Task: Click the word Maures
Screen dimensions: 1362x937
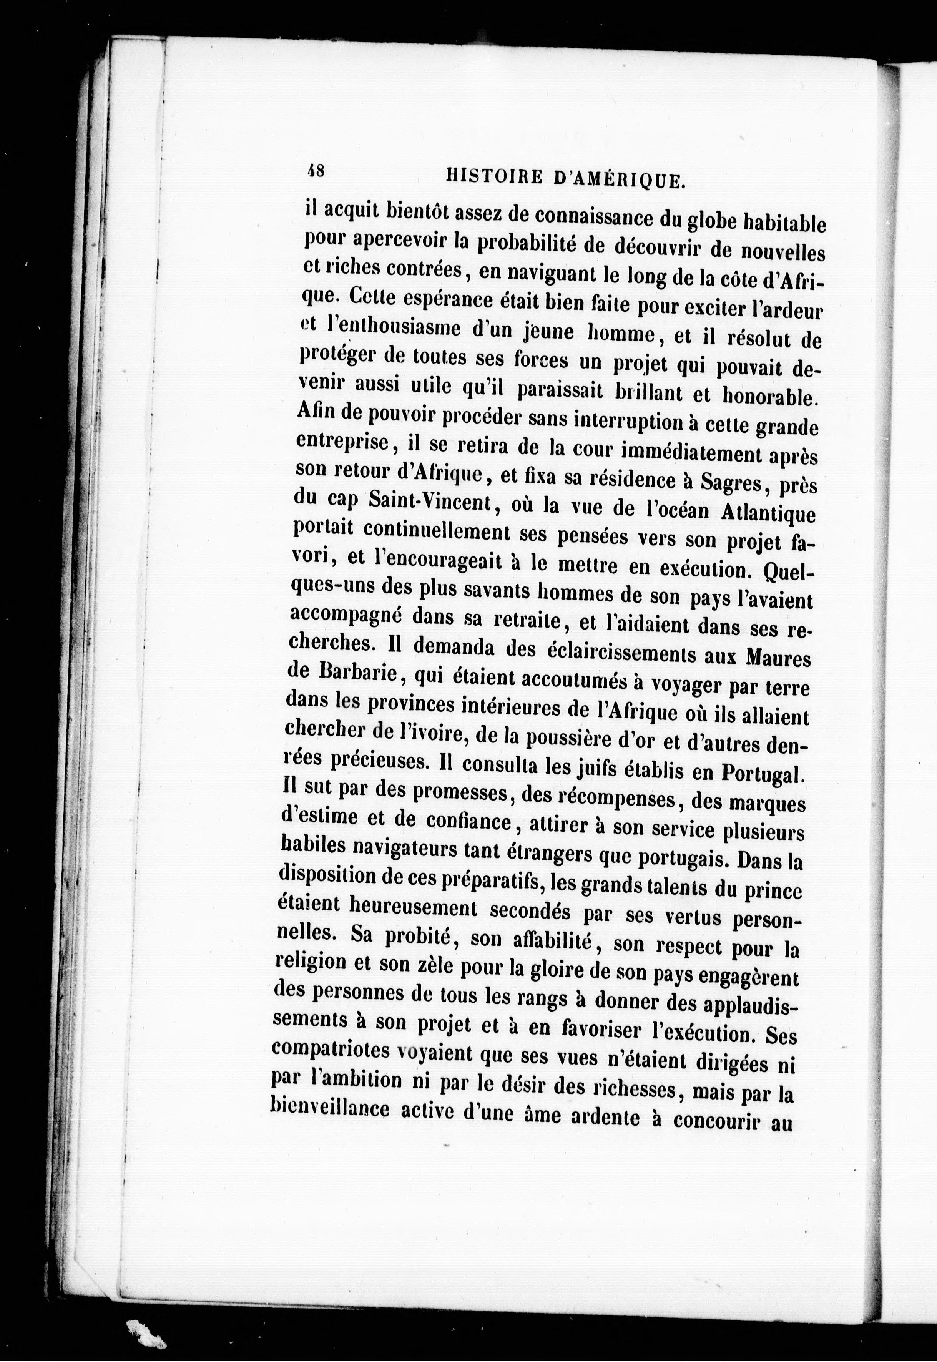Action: point(778,658)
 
